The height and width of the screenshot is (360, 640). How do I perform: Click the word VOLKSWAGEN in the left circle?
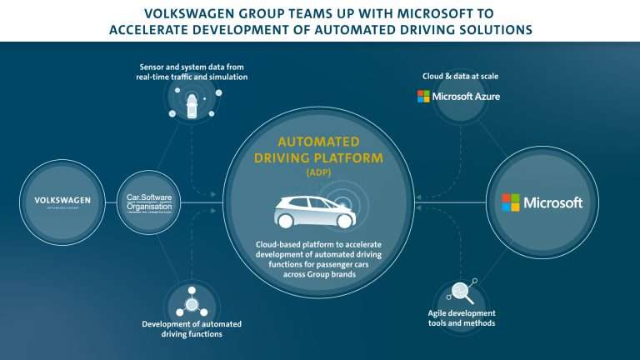(x=62, y=200)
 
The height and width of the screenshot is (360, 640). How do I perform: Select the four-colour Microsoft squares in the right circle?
(x=510, y=202)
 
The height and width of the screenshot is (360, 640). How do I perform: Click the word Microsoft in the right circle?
(x=552, y=202)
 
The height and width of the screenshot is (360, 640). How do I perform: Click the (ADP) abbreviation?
(x=319, y=172)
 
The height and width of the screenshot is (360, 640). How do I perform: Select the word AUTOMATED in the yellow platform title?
(x=318, y=142)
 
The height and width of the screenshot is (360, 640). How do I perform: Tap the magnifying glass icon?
(x=460, y=292)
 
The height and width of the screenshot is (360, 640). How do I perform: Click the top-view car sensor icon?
(x=192, y=107)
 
